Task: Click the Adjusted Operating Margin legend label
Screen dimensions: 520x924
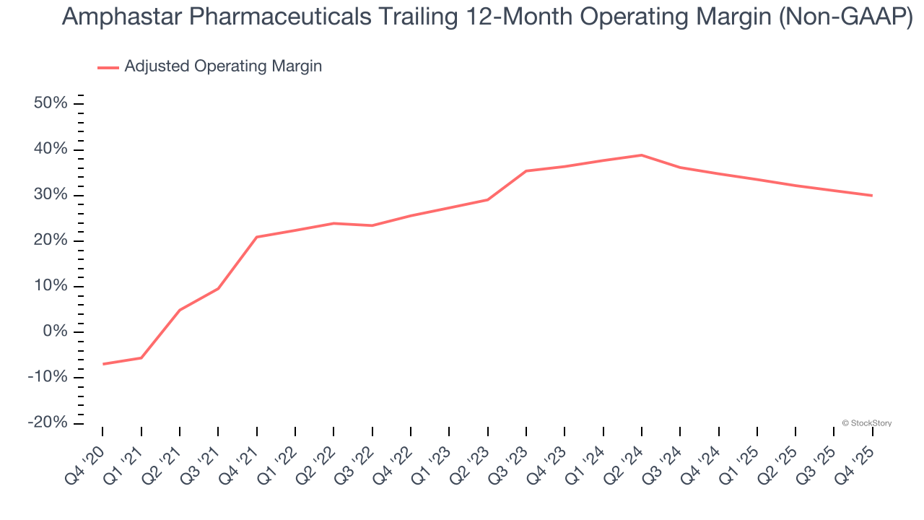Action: pos(223,66)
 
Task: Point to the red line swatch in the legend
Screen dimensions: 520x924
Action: pos(108,67)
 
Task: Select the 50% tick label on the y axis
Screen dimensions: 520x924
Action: pos(51,103)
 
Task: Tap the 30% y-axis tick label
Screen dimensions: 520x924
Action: pos(51,195)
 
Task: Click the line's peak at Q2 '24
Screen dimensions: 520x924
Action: pos(642,155)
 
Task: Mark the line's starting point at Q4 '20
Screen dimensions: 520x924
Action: pos(103,364)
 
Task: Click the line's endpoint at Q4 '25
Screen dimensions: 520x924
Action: pos(872,195)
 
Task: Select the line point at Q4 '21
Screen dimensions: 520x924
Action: pos(256,237)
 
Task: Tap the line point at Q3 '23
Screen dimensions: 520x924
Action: pos(526,171)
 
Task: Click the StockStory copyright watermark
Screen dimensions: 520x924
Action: pos(866,423)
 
